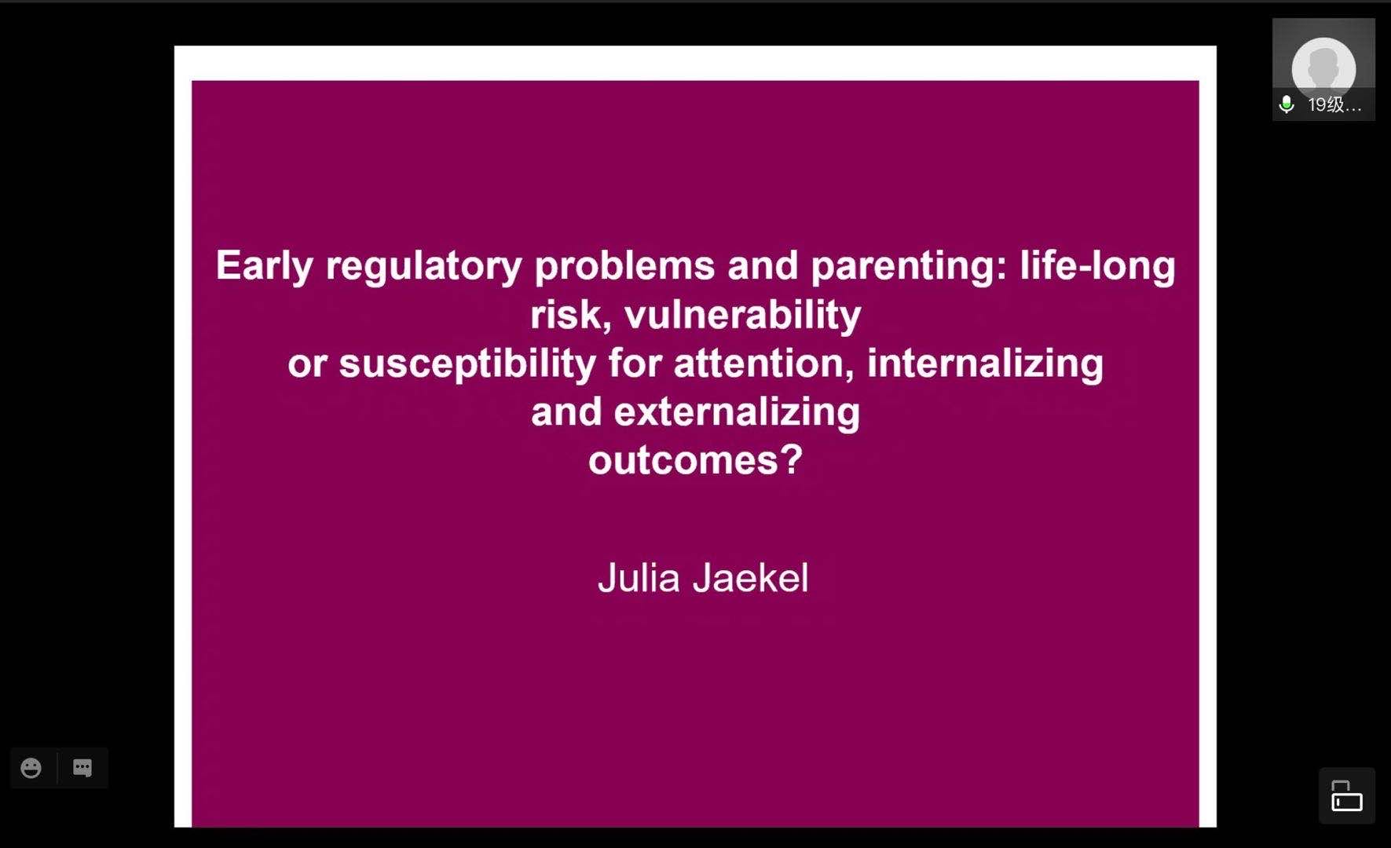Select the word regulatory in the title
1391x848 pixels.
click(x=424, y=267)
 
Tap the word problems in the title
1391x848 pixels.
click(x=625, y=265)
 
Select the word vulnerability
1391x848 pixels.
click(x=743, y=316)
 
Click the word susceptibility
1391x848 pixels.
click(x=467, y=364)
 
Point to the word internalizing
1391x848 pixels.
click(x=986, y=364)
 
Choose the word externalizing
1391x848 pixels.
click(x=737, y=413)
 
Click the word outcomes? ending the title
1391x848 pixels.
click(x=696, y=461)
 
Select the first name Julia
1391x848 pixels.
click(x=639, y=578)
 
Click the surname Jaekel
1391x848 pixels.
click(x=751, y=578)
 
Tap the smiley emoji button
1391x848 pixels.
click(x=31, y=768)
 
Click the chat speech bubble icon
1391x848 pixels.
click(x=82, y=768)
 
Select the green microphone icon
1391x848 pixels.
click(x=1287, y=104)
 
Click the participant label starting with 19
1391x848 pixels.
click(x=1334, y=104)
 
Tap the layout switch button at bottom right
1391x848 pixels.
click(x=1347, y=795)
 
